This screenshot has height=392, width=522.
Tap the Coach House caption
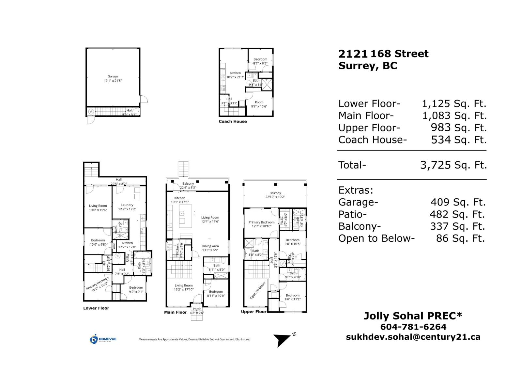[x=233, y=122]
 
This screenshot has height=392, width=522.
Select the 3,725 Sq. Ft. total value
[x=453, y=165]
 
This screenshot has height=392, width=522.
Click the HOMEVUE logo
[x=103, y=339]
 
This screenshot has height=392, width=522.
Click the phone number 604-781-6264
[x=413, y=327]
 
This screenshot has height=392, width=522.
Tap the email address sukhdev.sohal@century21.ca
[x=413, y=337]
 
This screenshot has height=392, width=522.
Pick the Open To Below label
[x=258, y=290]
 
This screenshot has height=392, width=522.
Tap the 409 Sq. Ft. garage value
[x=458, y=202]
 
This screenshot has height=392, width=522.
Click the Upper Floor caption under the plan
[x=253, y=312]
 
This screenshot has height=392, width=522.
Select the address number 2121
[x=353, y=54]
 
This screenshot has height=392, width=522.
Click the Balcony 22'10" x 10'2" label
[x=275, y=195]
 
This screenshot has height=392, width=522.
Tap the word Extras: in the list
[x=356, y=190]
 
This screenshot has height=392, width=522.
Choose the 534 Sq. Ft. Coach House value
[x=458, y=140]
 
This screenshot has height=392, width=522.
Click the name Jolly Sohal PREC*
[x=413, y=316]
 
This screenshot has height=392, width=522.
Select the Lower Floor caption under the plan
[x=96, y=308]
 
